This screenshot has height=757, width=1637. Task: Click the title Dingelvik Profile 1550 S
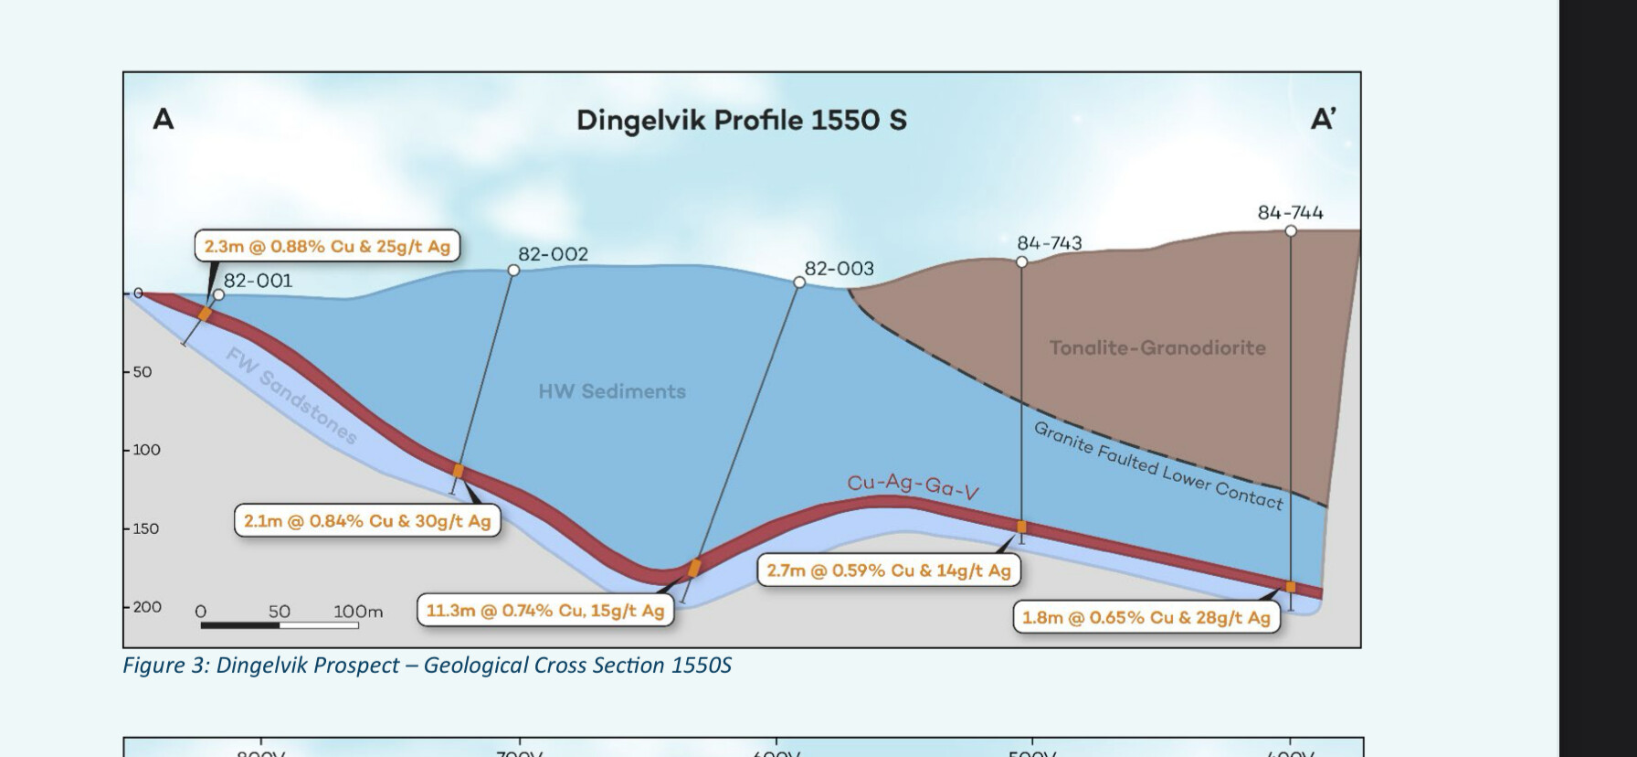tap(741, 121)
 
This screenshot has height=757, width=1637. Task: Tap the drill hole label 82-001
tap(259, 281)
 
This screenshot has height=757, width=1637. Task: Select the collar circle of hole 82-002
tap(513, 270)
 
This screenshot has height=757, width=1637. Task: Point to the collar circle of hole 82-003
tap(799, 283)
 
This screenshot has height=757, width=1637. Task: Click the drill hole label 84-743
tap(1049, 243)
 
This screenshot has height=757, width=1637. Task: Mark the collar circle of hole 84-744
tap(1291, 231)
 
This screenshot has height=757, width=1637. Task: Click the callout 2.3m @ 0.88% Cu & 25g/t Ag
tap(327, 247)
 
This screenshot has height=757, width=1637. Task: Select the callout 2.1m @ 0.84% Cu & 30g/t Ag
tap(367, 521)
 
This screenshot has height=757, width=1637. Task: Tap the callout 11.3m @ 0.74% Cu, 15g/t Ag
tap(545, 610)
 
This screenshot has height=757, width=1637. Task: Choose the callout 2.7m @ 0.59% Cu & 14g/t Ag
tap(888, 570)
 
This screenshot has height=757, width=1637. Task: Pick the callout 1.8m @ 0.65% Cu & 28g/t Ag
tap(1146, 617)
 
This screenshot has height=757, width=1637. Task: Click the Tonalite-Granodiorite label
tap(1157, 347)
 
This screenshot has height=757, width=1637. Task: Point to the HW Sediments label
tap(612, 391)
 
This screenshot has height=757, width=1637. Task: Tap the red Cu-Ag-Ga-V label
tap(913, 485)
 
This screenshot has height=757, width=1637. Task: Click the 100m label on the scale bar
tap(357, 612)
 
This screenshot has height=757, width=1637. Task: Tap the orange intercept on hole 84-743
tap(1021, 527)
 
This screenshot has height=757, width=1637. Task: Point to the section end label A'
tap(1324, 119)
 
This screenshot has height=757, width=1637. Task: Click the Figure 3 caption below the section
tap(427, 665)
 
